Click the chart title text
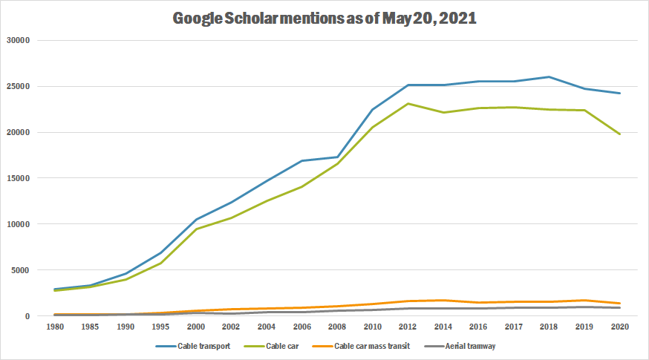click(x=324, y=19)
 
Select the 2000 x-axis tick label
click(x=195, y=327)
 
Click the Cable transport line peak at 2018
click(x=549, y=76)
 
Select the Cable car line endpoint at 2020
click(x=619, y=134)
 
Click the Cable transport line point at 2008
click(x=339, y=157)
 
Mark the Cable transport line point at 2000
click(x=195, y=220)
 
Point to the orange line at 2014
click(x=444, y=300)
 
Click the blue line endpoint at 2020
click(x=619, y=93)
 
